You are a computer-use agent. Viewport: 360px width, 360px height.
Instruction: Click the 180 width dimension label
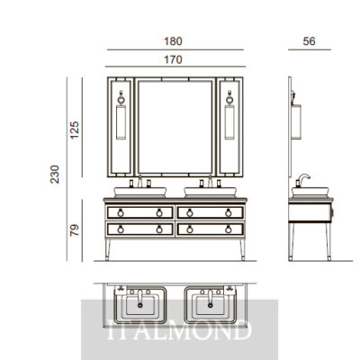173,41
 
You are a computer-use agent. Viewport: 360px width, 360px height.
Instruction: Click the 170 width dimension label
173,59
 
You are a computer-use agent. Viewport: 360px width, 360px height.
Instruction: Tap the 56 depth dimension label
309,41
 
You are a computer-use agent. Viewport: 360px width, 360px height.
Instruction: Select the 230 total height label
55,175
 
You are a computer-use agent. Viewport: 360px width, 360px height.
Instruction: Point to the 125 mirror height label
75,130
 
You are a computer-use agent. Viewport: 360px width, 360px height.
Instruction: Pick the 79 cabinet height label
75,230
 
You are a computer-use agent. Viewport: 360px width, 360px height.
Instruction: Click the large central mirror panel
175,127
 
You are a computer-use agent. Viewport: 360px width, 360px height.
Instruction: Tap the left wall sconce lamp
121,115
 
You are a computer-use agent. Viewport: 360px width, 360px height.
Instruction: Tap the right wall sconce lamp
229,115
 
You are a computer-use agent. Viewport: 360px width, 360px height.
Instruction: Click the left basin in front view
140,192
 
